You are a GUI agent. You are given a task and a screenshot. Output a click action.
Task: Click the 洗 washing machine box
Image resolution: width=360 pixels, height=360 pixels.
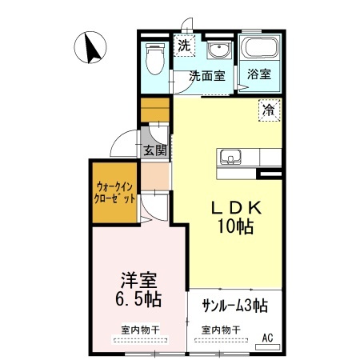pyautogui.click(x=184, y=45)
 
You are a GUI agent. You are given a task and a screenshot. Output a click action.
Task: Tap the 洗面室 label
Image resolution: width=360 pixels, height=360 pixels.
pyautogui.click(x=206, y=77)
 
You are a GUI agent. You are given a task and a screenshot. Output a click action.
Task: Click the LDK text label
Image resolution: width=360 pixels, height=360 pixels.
pyautogui.click(x=234, y=207)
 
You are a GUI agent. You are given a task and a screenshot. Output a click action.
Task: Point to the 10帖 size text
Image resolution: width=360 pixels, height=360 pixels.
pyautogui.click(x=234, y=226)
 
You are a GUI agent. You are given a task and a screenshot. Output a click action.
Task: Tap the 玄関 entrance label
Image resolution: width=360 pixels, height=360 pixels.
pyautogui.click(x=155, y=150)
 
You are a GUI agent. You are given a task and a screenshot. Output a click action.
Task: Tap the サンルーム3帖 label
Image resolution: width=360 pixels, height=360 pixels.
pyautogui.click(x=234, y=305)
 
